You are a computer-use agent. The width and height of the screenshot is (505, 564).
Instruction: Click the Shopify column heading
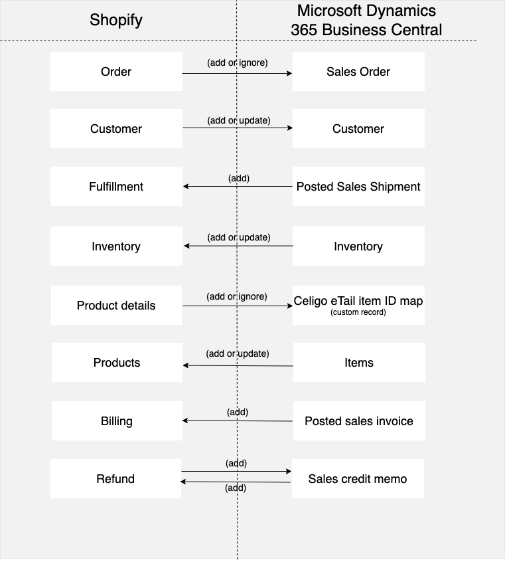pyautogui.click(x=116, y=20)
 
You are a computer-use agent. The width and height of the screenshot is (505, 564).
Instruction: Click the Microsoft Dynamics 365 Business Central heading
pyautogui.click(x=366, y=20)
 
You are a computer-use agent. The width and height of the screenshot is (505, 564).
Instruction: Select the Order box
pyautogui.click(x=116, y=72)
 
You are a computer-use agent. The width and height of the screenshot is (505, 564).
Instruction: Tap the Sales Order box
pyautogui.click(x=358, y=72)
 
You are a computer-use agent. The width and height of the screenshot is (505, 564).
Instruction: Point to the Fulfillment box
pyautogui.click(x=116, y=186)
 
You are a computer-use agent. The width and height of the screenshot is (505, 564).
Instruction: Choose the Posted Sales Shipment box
pyautogui.click(x=358, y=186)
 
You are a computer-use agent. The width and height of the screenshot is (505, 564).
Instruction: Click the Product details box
pyautogui.click(x=116, y=306)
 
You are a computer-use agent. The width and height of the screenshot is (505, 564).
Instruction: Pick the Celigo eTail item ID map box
pyautogui.click(x=358, y=306)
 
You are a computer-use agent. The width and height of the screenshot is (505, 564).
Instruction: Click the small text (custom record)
pyautogui.click(x=358, y=312)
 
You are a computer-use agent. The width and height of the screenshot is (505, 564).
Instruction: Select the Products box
pyautogui.click(x=117, y=363)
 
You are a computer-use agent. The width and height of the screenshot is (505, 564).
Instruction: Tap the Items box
pyautogui.click(x=359, y=363)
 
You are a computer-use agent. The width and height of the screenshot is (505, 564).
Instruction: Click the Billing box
pyautogui.click(x=117, y=421)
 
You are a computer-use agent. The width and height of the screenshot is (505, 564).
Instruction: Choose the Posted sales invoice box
pyautogui.click(x=359, y=421)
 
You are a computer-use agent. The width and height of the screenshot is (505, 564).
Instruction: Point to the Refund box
pyautogui.click(x=115, y=479)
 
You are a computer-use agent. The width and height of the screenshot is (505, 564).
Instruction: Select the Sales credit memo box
pyautogui.click(x=358, y=479)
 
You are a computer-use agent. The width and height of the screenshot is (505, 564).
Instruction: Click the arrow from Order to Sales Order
pyautogui.click(x=237, y=73)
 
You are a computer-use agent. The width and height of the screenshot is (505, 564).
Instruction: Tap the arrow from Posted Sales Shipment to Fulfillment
pyautogui.click(x=238, y=186)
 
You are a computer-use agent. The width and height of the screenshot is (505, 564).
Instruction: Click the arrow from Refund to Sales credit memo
pyautogui.click(x=236, y=471)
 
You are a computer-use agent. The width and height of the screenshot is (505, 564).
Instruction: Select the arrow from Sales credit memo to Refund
pyautogui.click(x=236, y=482)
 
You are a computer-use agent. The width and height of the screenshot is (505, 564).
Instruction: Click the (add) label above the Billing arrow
pyautogui.click(x=238, y=413)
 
